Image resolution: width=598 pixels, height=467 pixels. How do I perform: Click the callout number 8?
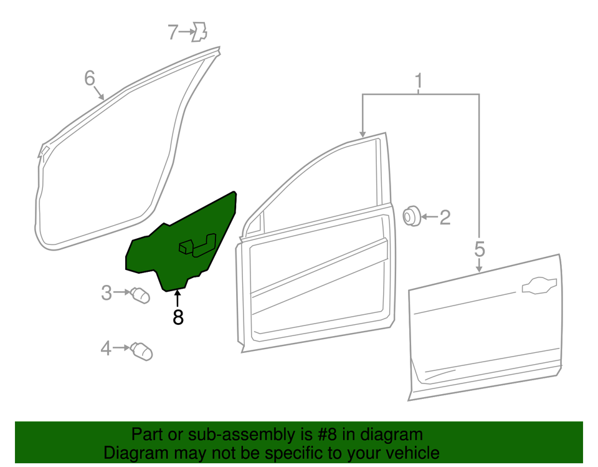[x=178, y=317]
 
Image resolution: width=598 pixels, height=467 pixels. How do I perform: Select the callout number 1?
[x=419, y=80]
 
